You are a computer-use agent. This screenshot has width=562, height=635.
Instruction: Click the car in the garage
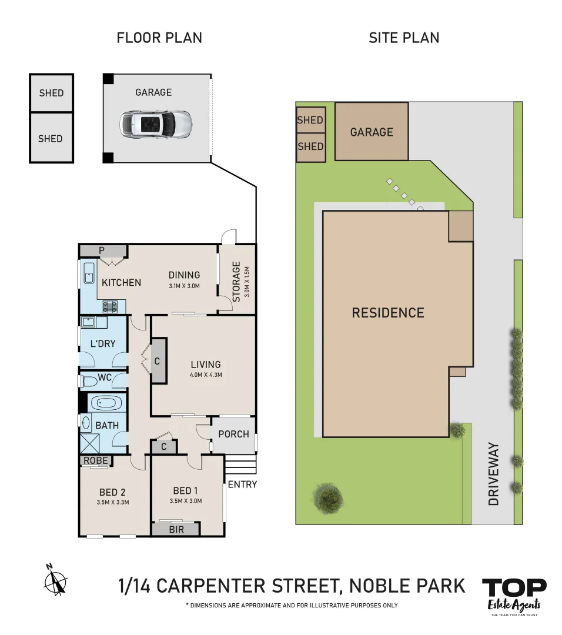click(156, 123)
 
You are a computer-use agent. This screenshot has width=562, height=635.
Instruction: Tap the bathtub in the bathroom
click(106, 404)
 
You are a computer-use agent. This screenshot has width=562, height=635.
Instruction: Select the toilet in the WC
click(90, 381)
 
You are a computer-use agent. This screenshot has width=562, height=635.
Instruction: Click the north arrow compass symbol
click(56, 580)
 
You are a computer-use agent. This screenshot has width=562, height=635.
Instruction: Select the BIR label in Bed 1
click(176, 530)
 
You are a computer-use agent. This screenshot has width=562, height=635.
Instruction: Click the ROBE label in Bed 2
click(95, 460)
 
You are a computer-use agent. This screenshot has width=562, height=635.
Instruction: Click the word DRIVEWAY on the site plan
click(493, 474)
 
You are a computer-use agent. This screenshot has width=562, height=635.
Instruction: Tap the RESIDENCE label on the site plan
click(387, 313)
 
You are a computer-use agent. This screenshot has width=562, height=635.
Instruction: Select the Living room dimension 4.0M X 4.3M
click(205, 375)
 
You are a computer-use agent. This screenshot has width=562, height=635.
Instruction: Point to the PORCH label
click(233, 435)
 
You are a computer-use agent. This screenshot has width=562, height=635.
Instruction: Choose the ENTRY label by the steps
click(242, 484)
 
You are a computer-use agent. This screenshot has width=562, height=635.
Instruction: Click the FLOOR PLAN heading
click(159, 38)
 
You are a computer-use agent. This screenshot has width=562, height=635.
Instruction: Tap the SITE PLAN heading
click(404, 38)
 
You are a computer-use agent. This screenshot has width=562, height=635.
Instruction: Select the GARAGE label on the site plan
click(372, 132)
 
